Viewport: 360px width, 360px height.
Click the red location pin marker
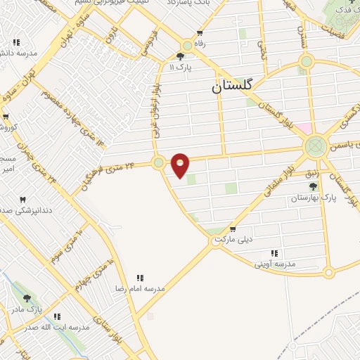click(x=181, y=165)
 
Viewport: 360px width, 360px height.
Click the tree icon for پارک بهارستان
click(x=313, y=186)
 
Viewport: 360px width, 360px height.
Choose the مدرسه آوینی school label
click(x=274, y=263)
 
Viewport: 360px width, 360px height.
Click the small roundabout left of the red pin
click(x=159, y=162)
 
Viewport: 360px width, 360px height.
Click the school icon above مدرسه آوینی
click(x=274, y=253)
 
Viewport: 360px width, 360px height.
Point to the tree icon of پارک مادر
click(x=27, y=299)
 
